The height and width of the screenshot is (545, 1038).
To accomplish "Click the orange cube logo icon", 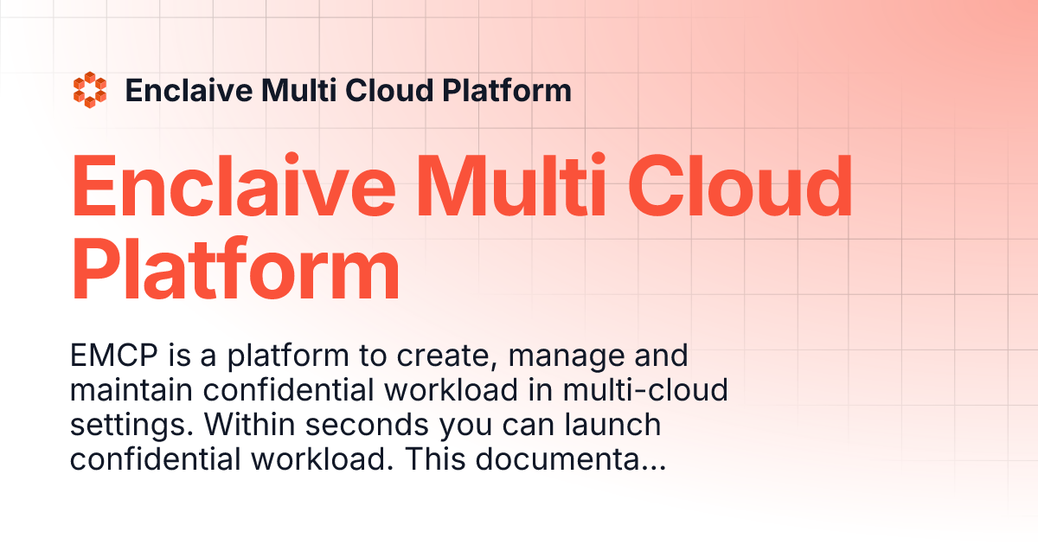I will (x=90, y=91).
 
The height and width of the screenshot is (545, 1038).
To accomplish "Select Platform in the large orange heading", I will (x=235, y=272).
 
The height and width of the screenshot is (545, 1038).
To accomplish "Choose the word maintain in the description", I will (x=132, y=391).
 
